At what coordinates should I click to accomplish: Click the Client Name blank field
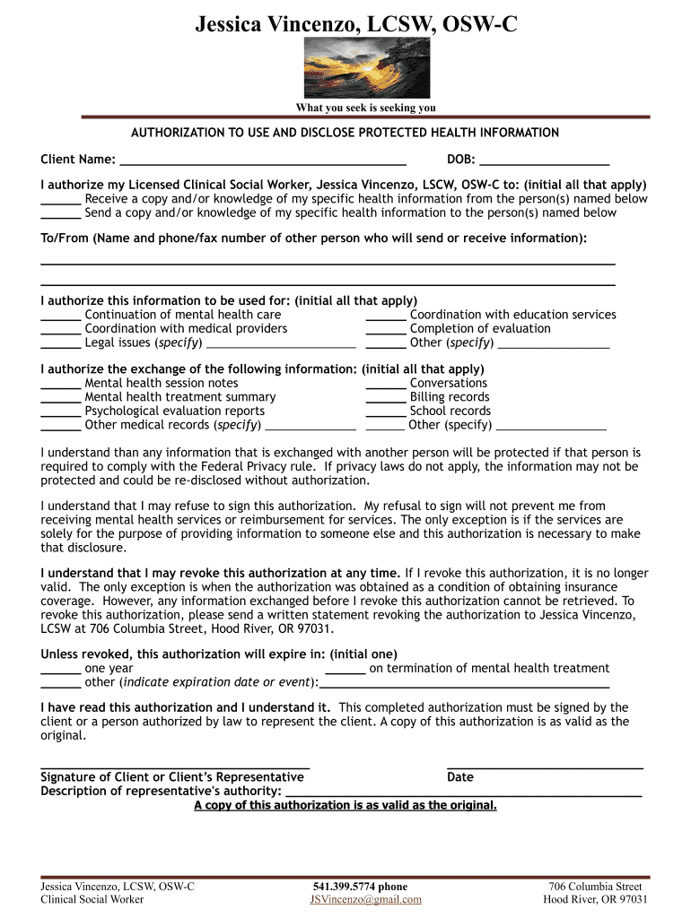pos(262,161)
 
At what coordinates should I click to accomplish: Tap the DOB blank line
pos(544,161)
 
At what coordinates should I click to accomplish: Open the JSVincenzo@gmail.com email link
pos(366,900)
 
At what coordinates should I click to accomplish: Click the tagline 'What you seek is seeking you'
pos(366,108)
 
